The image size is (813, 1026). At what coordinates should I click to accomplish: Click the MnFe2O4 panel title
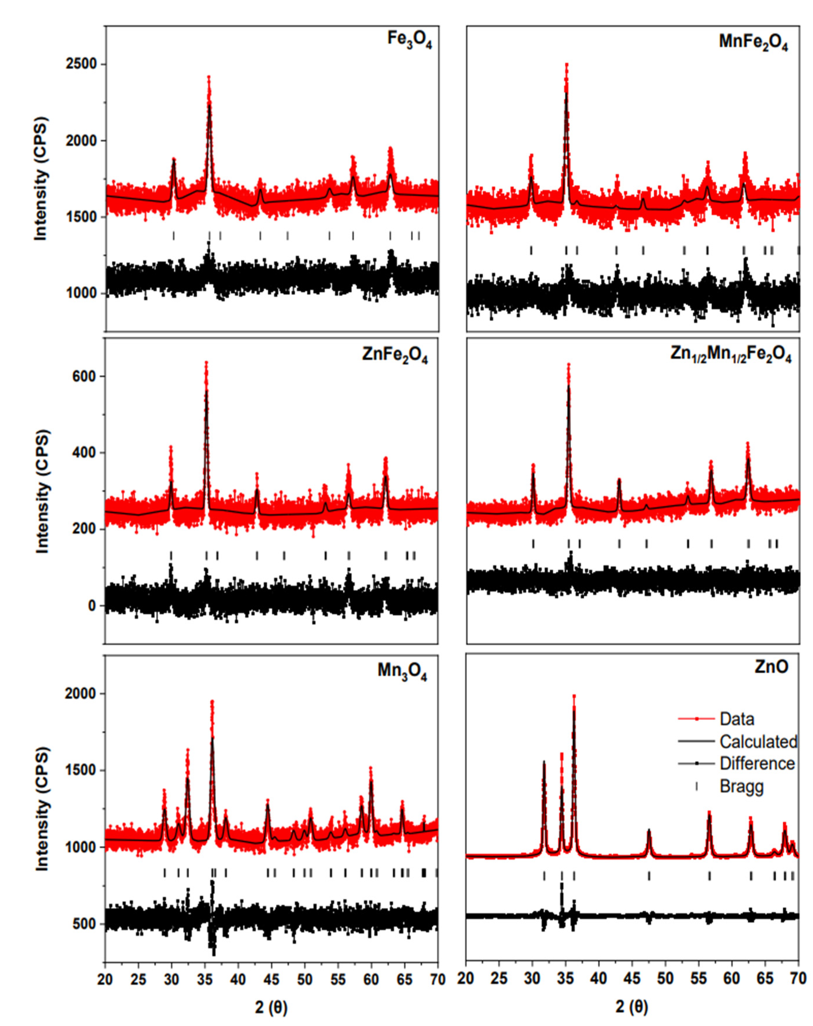[753, 43]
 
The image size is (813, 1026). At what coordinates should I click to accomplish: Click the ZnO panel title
[771, 667]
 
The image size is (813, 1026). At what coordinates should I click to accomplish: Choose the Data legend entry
[737, 719]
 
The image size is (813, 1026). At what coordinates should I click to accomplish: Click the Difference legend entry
[757, 764]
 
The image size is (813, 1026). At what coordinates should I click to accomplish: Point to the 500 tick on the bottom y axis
[86, 924]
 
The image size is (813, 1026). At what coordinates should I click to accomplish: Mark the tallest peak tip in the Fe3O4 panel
[208, 77]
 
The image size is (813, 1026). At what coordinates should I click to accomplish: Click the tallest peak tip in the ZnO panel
[574, 696]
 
